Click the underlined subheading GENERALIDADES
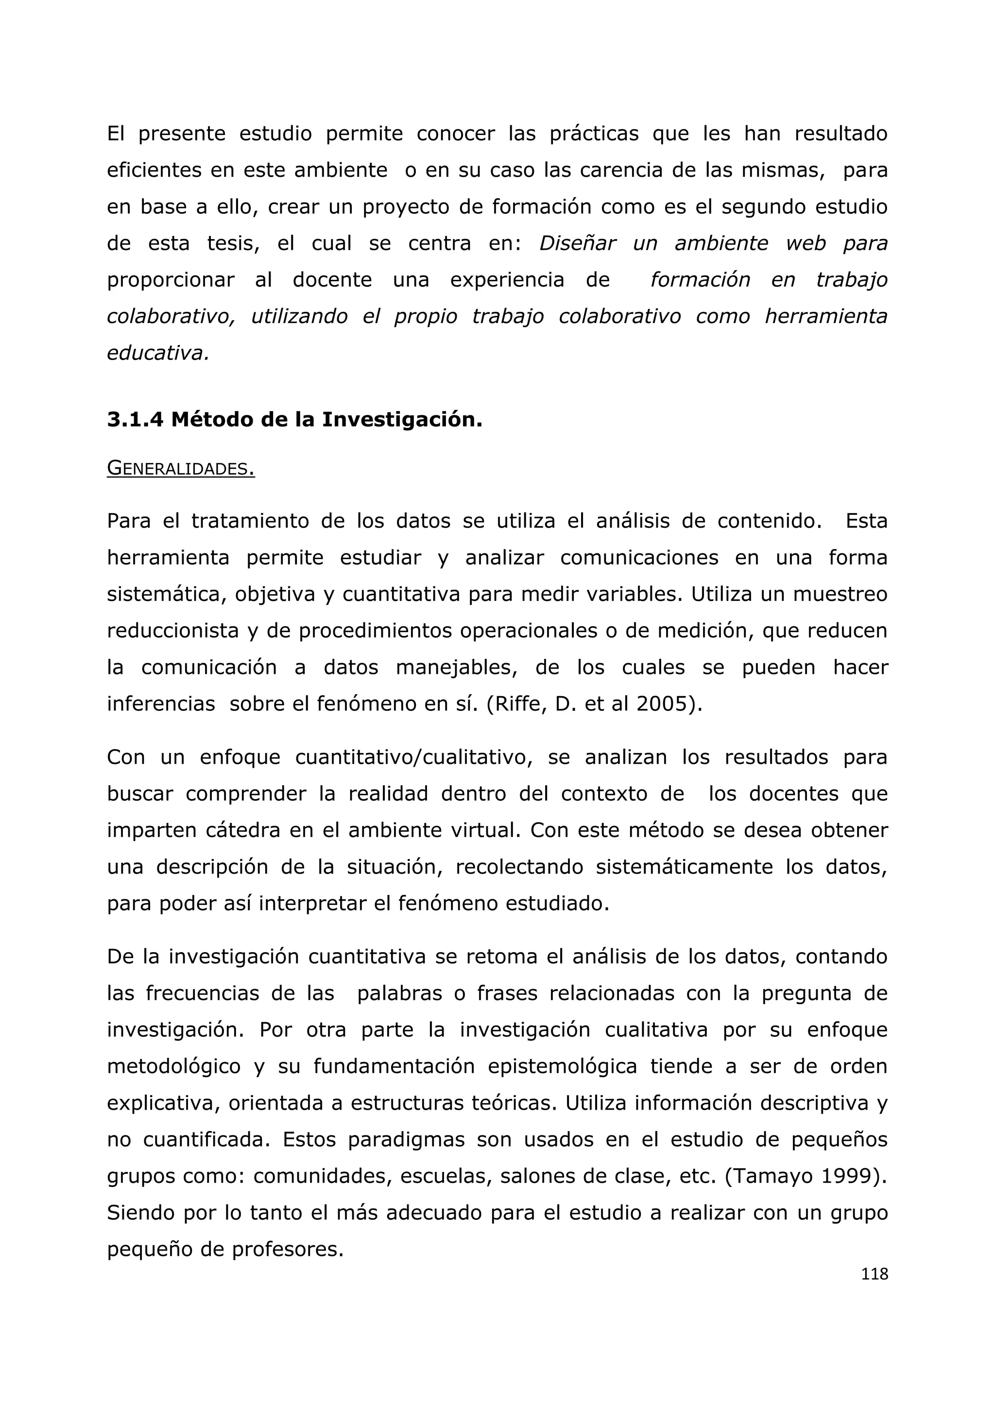[x=181, y=469]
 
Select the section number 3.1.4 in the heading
[x=135, y=420]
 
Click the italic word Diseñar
[x=578, y=243]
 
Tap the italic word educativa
[x=157, y=354]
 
